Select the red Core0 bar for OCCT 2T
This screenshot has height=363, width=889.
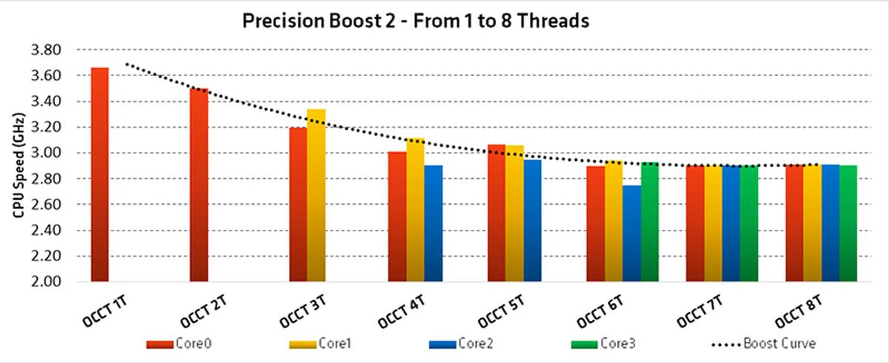pos(199,185)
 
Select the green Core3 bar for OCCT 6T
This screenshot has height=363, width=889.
pos(650,222)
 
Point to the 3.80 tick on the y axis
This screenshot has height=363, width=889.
pos(46,50)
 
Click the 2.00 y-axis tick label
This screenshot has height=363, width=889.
pos(46,281)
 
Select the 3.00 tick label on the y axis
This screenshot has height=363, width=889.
pos(46,153)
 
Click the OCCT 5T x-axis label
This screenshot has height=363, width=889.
pos(501,311)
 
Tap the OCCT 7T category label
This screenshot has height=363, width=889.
pos(699,311)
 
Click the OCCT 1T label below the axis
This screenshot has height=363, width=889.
pos(105,311)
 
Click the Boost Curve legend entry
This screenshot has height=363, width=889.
pos(764,344)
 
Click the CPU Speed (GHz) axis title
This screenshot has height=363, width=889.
pos(19,165)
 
